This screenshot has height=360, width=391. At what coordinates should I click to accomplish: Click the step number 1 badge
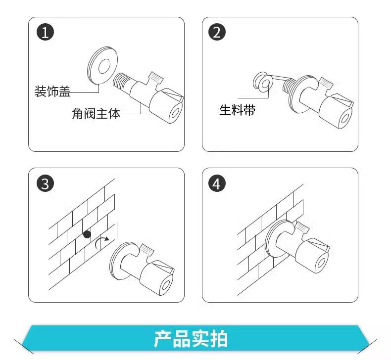tap(45, 32)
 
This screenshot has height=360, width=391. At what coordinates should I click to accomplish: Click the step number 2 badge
tap(217, 32)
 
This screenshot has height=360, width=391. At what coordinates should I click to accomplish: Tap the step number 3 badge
tap(45, 183)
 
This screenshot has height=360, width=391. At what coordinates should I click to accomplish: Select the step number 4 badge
tap(217, 183)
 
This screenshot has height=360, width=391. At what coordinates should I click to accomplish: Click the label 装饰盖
tap(52, 91)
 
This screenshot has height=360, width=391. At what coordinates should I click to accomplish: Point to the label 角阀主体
tap(96, 114)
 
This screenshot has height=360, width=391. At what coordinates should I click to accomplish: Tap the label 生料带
tap(237, 110)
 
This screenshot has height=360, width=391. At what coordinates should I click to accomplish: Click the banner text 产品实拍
tap(191, 339)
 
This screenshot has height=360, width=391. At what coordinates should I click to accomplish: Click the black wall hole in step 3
tap(87, 234)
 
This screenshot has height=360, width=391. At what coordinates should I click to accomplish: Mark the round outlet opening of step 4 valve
tap(322, 264)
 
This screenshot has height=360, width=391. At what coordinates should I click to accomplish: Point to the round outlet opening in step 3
tap(166, 285)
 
